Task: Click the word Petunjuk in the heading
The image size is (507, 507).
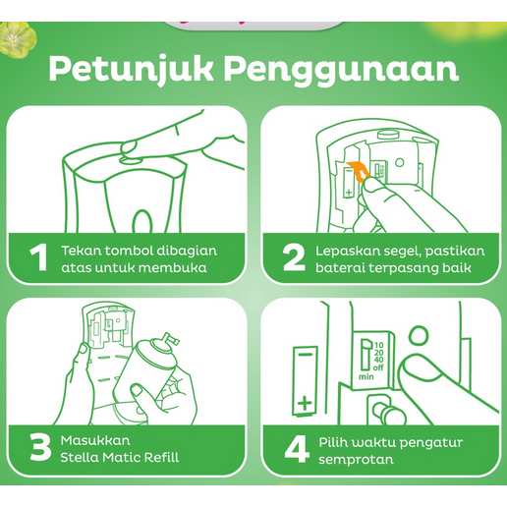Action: click(x=131, y=70)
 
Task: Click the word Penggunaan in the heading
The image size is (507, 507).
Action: click(x=342, y=70)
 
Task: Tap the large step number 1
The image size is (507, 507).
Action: click(x=38, y=257)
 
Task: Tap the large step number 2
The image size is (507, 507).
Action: click(x=294, y=257)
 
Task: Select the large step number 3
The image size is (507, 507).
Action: click(x=40, y=447)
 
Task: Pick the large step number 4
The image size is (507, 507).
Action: click(x=297, y=449)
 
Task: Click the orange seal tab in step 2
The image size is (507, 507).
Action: click(x=359, y=171)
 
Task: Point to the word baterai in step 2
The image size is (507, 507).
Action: click(x=340, y=268)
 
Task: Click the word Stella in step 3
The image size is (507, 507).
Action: click(x=78, y=457)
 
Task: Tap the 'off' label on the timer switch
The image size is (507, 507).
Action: click(x=378, y=367)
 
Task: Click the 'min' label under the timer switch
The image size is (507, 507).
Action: click(x=366, y=377)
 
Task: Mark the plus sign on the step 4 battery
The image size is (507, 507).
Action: click(x=305, y=403)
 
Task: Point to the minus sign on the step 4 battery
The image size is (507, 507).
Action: click(x=306, y=355)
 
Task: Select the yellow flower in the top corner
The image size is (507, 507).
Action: click(x=17, y=38)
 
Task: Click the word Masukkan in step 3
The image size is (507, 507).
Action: click(x=95, y=440)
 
